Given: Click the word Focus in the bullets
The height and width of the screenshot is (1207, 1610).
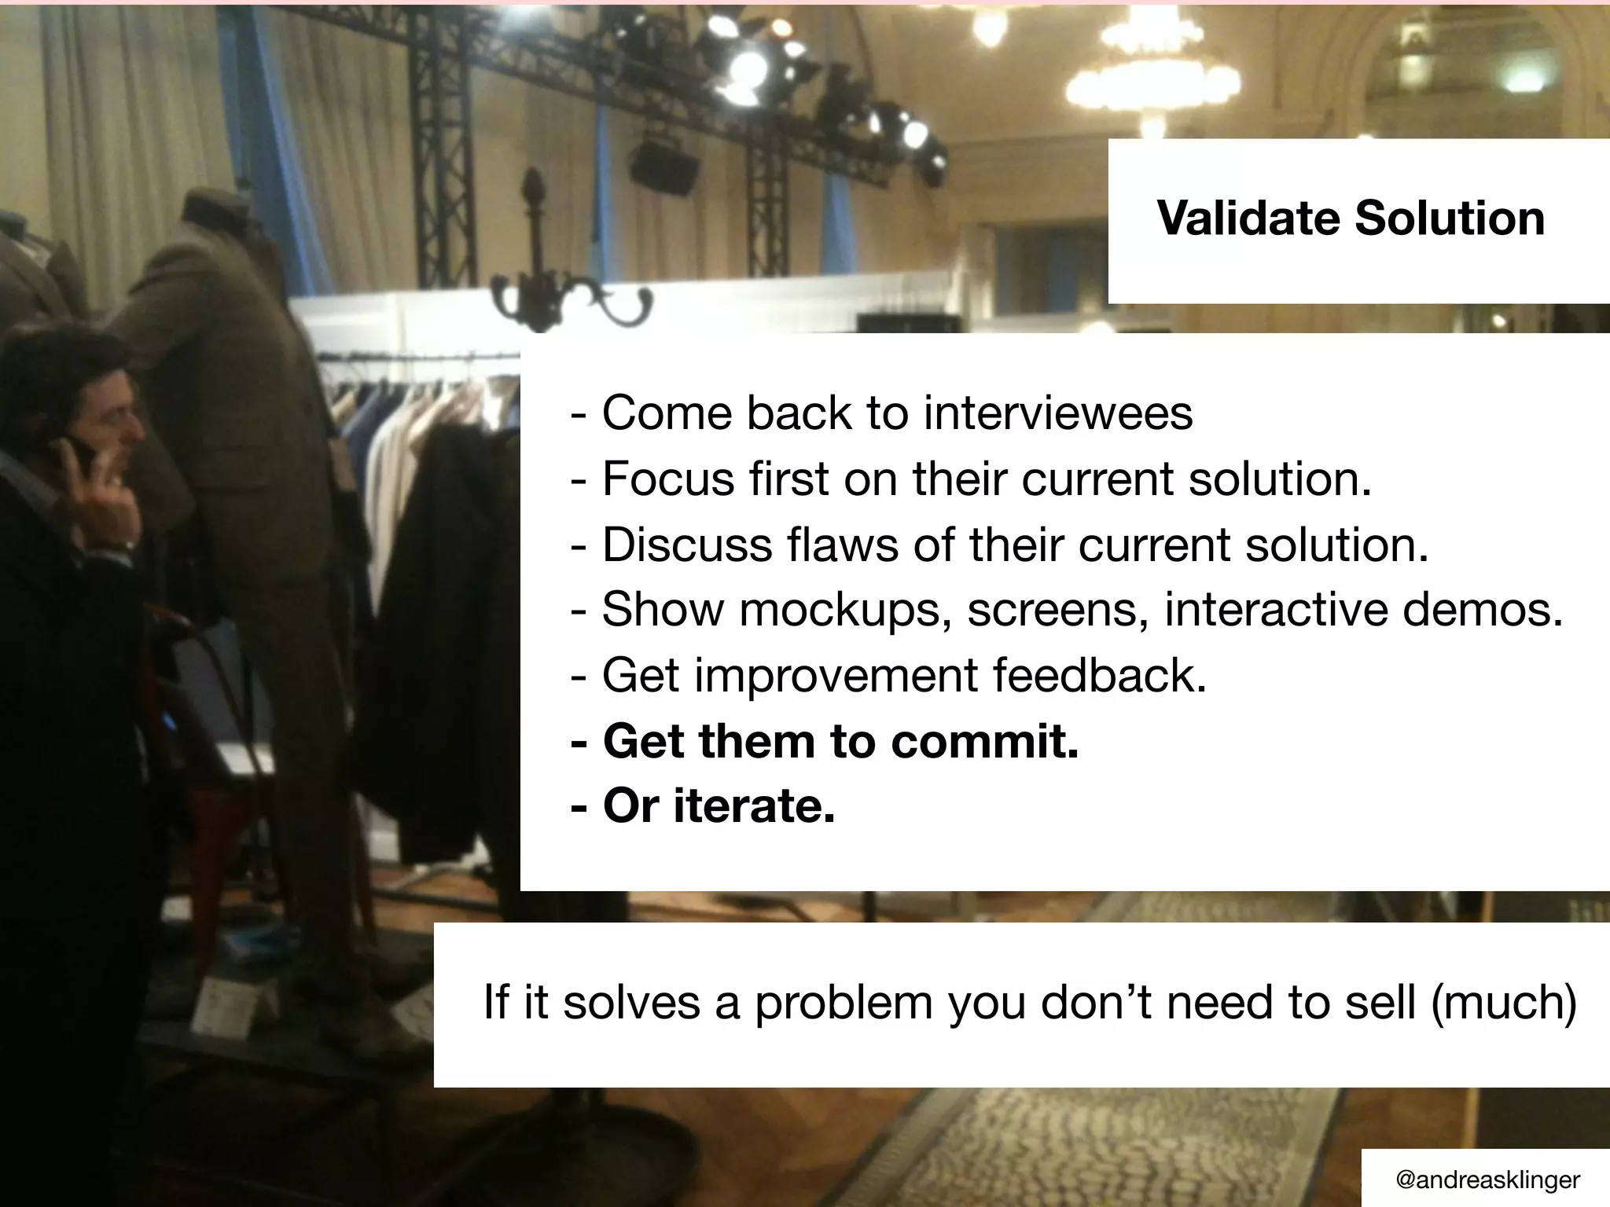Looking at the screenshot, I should pyautogui.click(x=668, y=479).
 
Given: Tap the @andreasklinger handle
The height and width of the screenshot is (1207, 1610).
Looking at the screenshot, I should pyautogui.click(x=1487, y=1179).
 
